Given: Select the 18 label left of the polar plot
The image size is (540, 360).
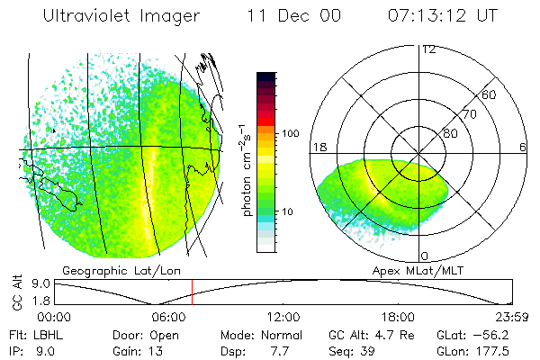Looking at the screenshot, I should [x=318, y=148].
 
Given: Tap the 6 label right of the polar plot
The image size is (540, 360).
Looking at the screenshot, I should [x=523, y=148].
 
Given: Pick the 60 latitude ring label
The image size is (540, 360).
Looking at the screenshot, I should [x=490, y=95].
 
